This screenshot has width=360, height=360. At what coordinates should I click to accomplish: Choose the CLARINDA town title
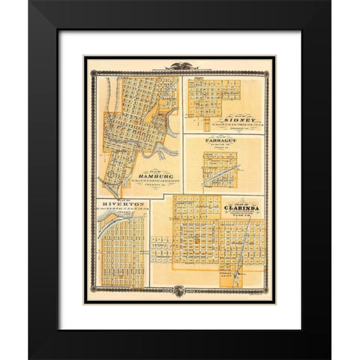pos(236,208)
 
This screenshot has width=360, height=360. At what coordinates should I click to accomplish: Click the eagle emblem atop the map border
pos(180,66)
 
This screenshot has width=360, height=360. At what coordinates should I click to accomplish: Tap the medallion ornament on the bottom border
pos(180,291)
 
